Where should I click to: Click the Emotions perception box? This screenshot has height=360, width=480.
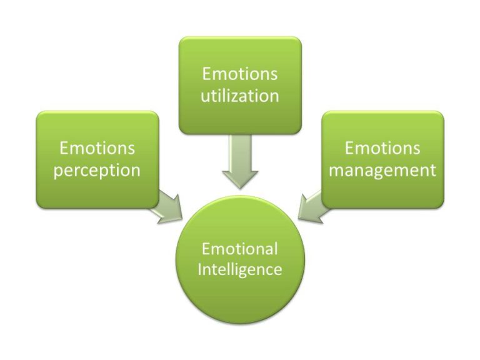coord(97,159)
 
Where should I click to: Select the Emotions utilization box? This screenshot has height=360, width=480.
coord(240,85)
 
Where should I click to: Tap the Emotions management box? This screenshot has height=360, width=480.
coord(382,159)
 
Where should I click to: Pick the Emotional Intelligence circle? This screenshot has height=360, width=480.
coord(240,259)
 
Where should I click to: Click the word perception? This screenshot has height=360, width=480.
coord(97,170)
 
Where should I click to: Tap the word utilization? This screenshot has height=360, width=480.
coord(240,96)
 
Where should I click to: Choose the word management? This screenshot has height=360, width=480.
coord(382,170)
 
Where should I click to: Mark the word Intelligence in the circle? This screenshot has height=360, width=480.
coord(240,270)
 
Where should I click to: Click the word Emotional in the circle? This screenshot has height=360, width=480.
coord(240,249)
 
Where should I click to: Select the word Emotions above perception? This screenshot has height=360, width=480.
coord(97,148)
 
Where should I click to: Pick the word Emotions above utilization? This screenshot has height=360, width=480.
coord(240,74)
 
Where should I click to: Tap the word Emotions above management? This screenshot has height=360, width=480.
coord(382,148)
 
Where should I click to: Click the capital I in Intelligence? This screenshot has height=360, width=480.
coord(200,269)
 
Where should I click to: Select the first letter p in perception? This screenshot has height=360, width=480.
coord(58,172)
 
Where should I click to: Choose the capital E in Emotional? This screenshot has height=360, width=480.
coord(206,249)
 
